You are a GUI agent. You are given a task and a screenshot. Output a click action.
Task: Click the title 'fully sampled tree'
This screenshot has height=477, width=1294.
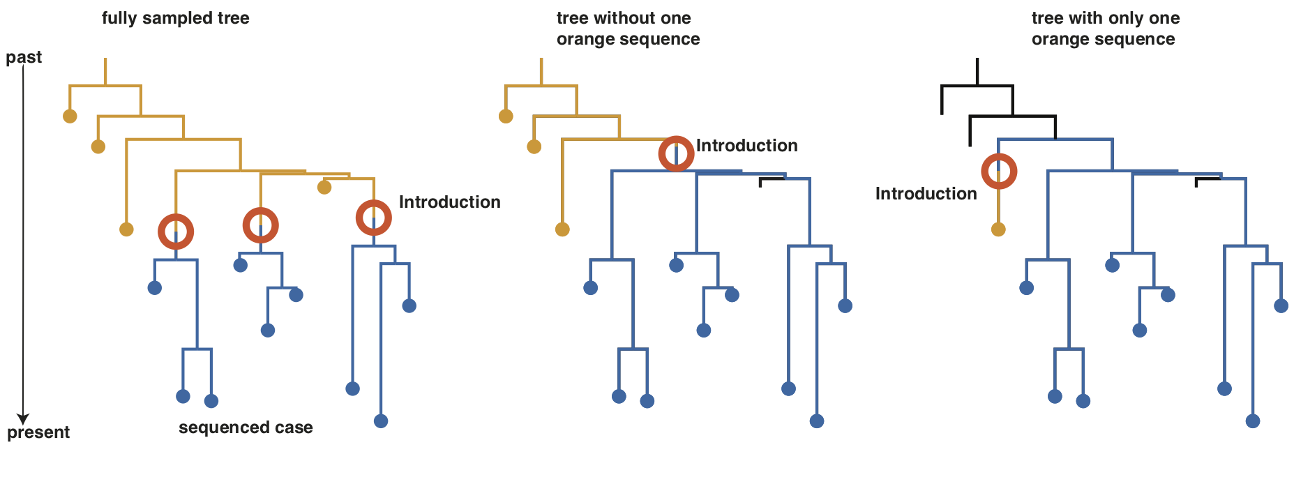point(175,18)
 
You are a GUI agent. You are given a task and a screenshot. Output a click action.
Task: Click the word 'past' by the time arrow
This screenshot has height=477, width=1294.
point(24,57)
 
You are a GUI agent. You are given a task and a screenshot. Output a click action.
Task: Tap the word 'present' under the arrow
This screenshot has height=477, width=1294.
point(38,432)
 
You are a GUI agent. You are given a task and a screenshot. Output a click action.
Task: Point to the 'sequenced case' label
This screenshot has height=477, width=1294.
point(246,427)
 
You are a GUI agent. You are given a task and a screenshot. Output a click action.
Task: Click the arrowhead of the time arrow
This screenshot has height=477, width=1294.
point(23,419)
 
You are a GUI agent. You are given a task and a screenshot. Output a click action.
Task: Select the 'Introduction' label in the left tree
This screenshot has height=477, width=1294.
point(449,202)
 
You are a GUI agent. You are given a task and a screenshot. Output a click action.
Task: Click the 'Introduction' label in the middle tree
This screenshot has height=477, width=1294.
point(746,146)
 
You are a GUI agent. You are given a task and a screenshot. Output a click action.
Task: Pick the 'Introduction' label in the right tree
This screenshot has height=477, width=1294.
point(926,194)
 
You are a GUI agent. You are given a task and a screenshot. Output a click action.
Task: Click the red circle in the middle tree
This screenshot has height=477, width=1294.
point(676,153)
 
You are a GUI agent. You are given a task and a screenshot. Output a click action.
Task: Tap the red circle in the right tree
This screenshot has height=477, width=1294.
point(999,172)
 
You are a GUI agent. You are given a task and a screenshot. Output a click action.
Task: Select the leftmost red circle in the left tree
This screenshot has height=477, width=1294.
point(176,232)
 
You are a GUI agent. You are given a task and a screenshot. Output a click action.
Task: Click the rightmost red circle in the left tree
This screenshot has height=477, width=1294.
point(374,218)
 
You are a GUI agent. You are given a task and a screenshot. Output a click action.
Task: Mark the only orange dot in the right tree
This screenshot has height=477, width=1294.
point(998,229)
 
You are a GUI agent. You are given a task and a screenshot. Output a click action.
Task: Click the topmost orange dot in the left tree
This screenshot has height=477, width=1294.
point(70,116)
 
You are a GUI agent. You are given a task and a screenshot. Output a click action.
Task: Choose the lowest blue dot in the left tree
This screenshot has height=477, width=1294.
point(381,421)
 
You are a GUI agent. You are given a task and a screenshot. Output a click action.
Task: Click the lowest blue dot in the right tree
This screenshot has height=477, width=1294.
point(1253,421)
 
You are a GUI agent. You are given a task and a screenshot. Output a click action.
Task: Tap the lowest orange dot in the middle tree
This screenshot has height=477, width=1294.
point(562,229)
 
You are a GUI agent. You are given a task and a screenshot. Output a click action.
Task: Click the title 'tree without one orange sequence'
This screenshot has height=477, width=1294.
point(628,29)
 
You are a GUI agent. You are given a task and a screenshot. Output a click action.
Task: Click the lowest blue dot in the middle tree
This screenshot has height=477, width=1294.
point(817,421)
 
